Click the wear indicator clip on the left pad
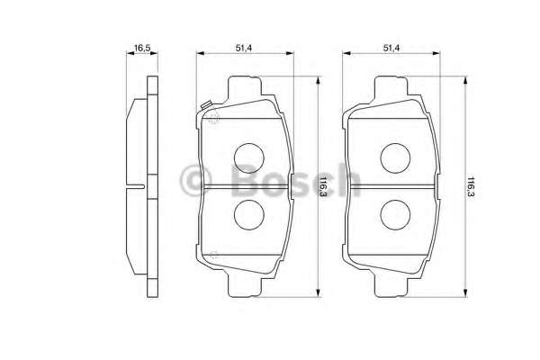[x=205, y=109]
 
